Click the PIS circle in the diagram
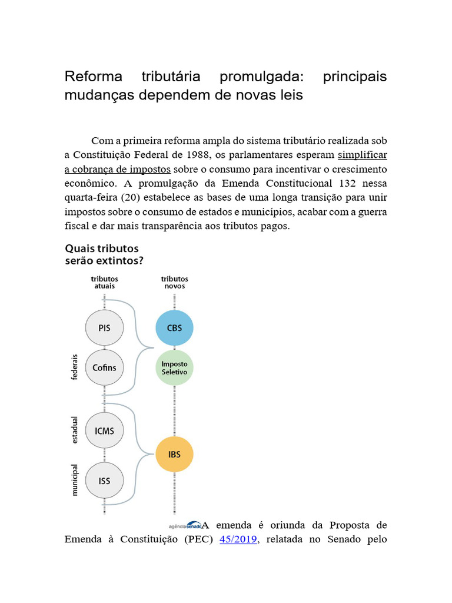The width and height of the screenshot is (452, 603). pos(105,328)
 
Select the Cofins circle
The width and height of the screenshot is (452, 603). pos(105,367)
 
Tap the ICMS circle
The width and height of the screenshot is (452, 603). pos(105,430)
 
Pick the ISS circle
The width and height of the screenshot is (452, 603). pos(105,481)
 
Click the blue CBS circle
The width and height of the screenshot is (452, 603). pos(174,328)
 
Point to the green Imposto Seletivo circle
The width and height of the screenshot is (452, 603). pos(174,367)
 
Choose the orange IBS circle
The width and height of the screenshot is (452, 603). pos(174,455)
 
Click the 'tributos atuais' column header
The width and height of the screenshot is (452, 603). pos(104,282)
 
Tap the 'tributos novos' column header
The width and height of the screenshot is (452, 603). pos(174,282)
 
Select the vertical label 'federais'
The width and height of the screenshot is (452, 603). pos(75,367)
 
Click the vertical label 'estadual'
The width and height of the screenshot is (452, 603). pos(75,431)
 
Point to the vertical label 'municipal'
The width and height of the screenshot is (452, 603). pos(75,480)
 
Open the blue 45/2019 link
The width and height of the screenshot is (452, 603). pos(238,538)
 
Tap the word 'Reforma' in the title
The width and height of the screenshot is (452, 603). pos(94,77)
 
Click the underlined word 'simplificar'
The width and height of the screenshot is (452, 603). pos(363,155)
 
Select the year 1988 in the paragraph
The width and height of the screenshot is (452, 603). pos(196,155)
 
